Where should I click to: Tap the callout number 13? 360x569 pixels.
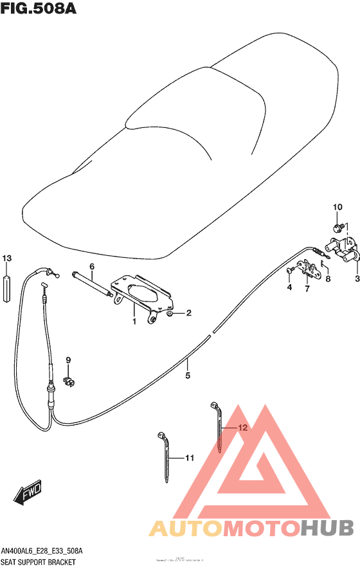pyautogui.click(x=6, y=258)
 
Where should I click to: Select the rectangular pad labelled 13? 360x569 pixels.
pyautogui.click(x=6, y=287)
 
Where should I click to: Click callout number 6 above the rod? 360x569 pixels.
pyautogui.click(x=92, y=266)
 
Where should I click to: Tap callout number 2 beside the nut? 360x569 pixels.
pyautogui.click(x=189, y=314)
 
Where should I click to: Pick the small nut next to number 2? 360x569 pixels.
pyautogui.click(x=169, y=314)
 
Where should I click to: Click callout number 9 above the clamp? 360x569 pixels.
pyautogui.click(x=67, y=360)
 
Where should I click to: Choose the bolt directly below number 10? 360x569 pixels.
pyautogui.click(x=336, y=228)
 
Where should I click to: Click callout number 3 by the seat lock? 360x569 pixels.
pyautogui.click(x=357, y=278)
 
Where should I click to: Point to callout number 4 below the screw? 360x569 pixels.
pyautogui.click(x=289, y=288)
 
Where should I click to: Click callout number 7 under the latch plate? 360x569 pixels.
pyautogui.click(x=307, y=289)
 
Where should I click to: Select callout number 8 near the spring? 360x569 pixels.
pyautogui.click(x=327, y=278)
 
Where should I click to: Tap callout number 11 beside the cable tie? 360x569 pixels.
pyautogui.click(x=189, y=458)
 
